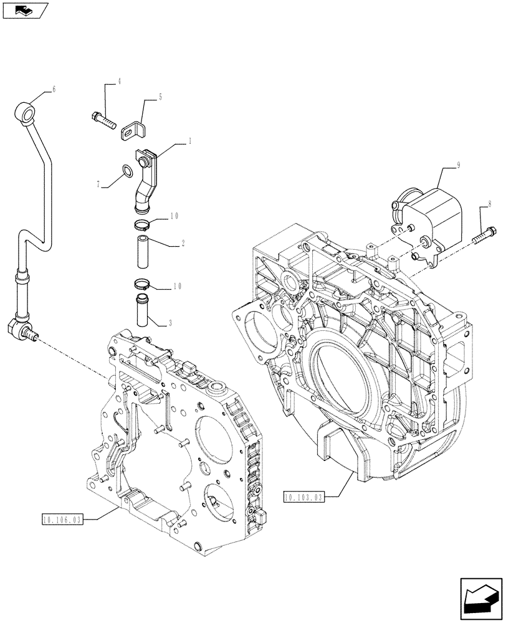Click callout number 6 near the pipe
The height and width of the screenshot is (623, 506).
click(54, 90)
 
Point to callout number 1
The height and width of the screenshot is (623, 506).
click(189, 142)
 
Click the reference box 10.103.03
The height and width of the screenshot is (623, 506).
click(303, 497)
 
